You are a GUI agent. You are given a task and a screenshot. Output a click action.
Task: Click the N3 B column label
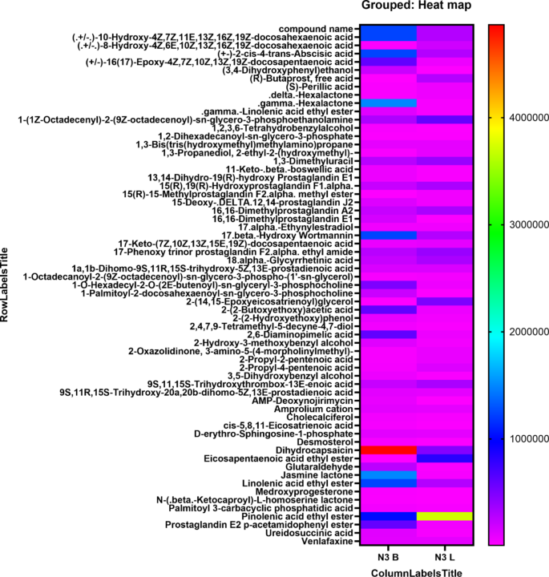point(388,556)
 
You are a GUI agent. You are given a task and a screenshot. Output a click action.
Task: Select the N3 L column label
point(446,556)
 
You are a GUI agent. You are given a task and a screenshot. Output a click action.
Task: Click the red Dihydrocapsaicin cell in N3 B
point(388,450)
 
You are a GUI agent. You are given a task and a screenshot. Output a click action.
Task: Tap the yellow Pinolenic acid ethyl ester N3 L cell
point(446,516)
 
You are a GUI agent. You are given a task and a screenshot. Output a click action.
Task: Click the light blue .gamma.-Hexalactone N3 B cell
point(388,103)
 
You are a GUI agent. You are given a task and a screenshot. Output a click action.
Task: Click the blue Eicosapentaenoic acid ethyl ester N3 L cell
point(446,458)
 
